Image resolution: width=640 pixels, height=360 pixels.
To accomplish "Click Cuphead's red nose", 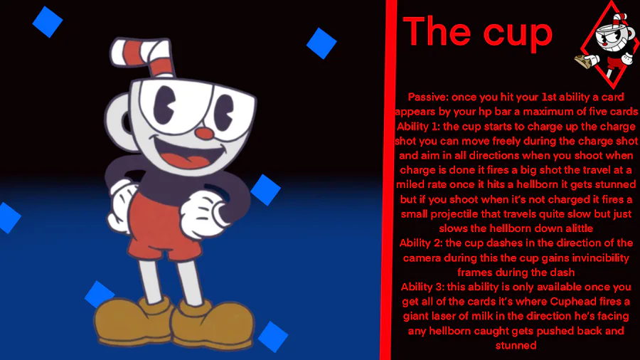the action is (203, 132).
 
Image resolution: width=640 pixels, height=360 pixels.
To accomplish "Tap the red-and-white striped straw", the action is (144, 55).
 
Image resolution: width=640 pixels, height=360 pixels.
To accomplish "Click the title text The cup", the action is (478, 31).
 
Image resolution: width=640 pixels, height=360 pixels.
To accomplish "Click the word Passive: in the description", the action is (428, 97).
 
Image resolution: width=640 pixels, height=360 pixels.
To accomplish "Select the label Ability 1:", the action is (418, 127).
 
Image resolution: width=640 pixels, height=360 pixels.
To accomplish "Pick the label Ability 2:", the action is (421, 243).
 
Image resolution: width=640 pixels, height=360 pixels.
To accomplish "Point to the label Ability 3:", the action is (422, 287).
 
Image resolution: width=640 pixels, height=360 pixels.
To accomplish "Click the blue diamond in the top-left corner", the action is (48, 22).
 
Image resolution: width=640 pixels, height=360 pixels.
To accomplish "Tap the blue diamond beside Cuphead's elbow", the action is (265, 190).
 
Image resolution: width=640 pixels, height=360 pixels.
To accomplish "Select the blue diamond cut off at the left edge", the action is (9, 218).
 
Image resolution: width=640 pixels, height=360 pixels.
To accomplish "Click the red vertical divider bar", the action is (388, 180).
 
